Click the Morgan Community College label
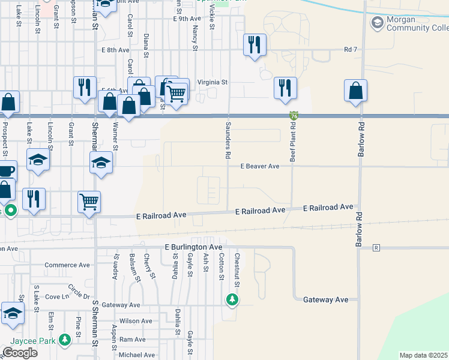[x=418, y=24]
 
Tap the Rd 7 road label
[x=351, y=49]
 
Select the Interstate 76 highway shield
[x=294, y=115]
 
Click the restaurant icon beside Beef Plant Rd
[x=285, y=87]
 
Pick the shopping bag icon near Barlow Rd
[x=355, y=91]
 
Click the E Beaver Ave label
[x=260, y=166]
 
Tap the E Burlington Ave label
[x=194, y=247]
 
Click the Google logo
[x=19, y=353]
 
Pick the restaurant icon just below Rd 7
[x=255, y=44]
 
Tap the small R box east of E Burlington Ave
[x=376, y=247]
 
